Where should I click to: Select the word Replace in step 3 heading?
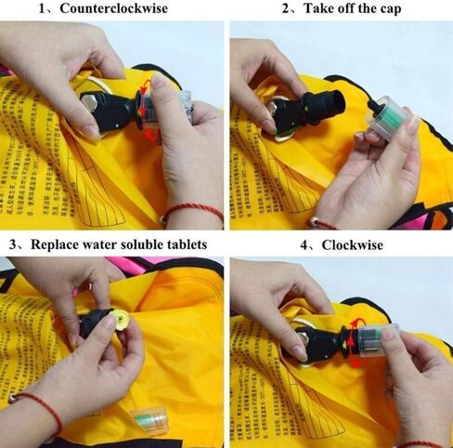62,244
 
